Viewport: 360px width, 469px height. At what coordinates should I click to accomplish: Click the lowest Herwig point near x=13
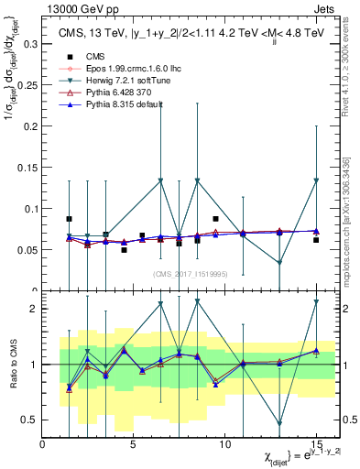(x=279, y=262)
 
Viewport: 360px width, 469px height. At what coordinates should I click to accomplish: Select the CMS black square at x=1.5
(x=70, y=219)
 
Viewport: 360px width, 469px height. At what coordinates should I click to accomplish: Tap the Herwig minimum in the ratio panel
(x=279, y=423)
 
